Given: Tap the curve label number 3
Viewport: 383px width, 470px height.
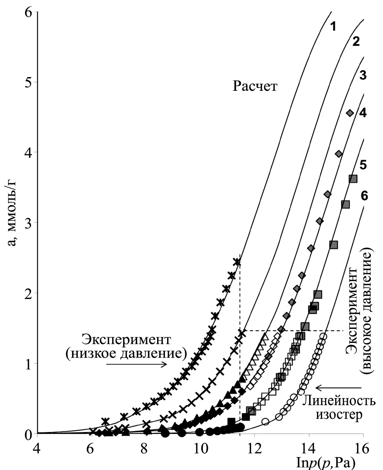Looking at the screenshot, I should [362, 76].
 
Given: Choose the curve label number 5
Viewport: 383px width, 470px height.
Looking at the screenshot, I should [363, 165].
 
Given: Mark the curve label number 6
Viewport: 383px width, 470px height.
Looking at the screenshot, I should [364, 196].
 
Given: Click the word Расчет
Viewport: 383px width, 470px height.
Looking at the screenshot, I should [255, 86].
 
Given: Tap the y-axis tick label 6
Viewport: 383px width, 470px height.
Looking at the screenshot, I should [28, 13].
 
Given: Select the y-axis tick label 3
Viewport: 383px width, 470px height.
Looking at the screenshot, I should [28, 223].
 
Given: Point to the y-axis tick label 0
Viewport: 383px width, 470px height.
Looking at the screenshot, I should [28, 434].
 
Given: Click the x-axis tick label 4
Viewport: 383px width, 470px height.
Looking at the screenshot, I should [38, 447].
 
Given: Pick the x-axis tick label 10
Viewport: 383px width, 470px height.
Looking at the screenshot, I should [200, 447].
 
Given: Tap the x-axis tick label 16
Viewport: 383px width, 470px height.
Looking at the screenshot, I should [363, 447].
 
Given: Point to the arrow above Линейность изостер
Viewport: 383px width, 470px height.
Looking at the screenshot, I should [338, 388].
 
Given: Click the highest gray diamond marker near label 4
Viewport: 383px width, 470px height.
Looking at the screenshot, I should [350, 113].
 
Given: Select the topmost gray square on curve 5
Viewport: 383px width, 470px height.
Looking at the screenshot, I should [353, 179].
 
